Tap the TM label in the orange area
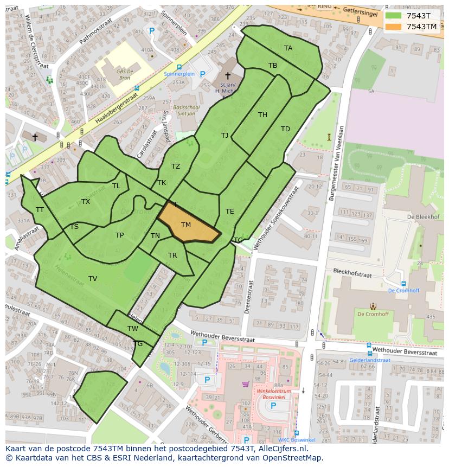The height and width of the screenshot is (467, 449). [186, 225]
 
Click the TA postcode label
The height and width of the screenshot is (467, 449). [288, 48]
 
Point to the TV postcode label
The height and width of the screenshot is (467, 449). [93, 279]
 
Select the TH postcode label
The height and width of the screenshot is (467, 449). [262, 114]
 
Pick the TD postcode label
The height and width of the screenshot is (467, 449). [285, 129]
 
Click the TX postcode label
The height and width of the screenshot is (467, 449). [86, 202]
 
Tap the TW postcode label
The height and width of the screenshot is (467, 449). [133, 329]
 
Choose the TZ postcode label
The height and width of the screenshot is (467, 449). [176, 167]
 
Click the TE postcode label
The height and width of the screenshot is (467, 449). [229, 212]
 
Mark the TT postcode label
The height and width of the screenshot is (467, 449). [40, 209]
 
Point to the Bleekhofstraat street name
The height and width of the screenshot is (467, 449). [354, 273]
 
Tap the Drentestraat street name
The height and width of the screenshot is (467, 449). [250, 297]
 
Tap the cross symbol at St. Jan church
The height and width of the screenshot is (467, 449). [228, 76]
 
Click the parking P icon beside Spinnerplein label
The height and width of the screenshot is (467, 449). [202, 74]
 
